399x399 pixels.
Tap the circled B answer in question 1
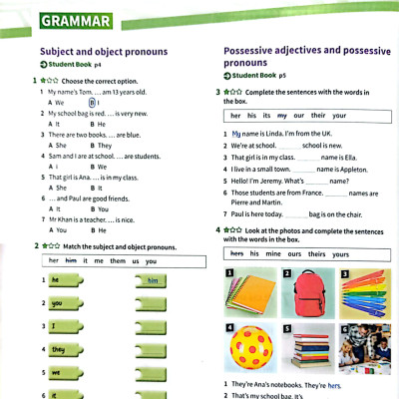pos(93,102)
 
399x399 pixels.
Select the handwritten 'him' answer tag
pos(152,281)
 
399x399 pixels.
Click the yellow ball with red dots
pos(250,348)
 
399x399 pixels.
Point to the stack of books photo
pos(304,349)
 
